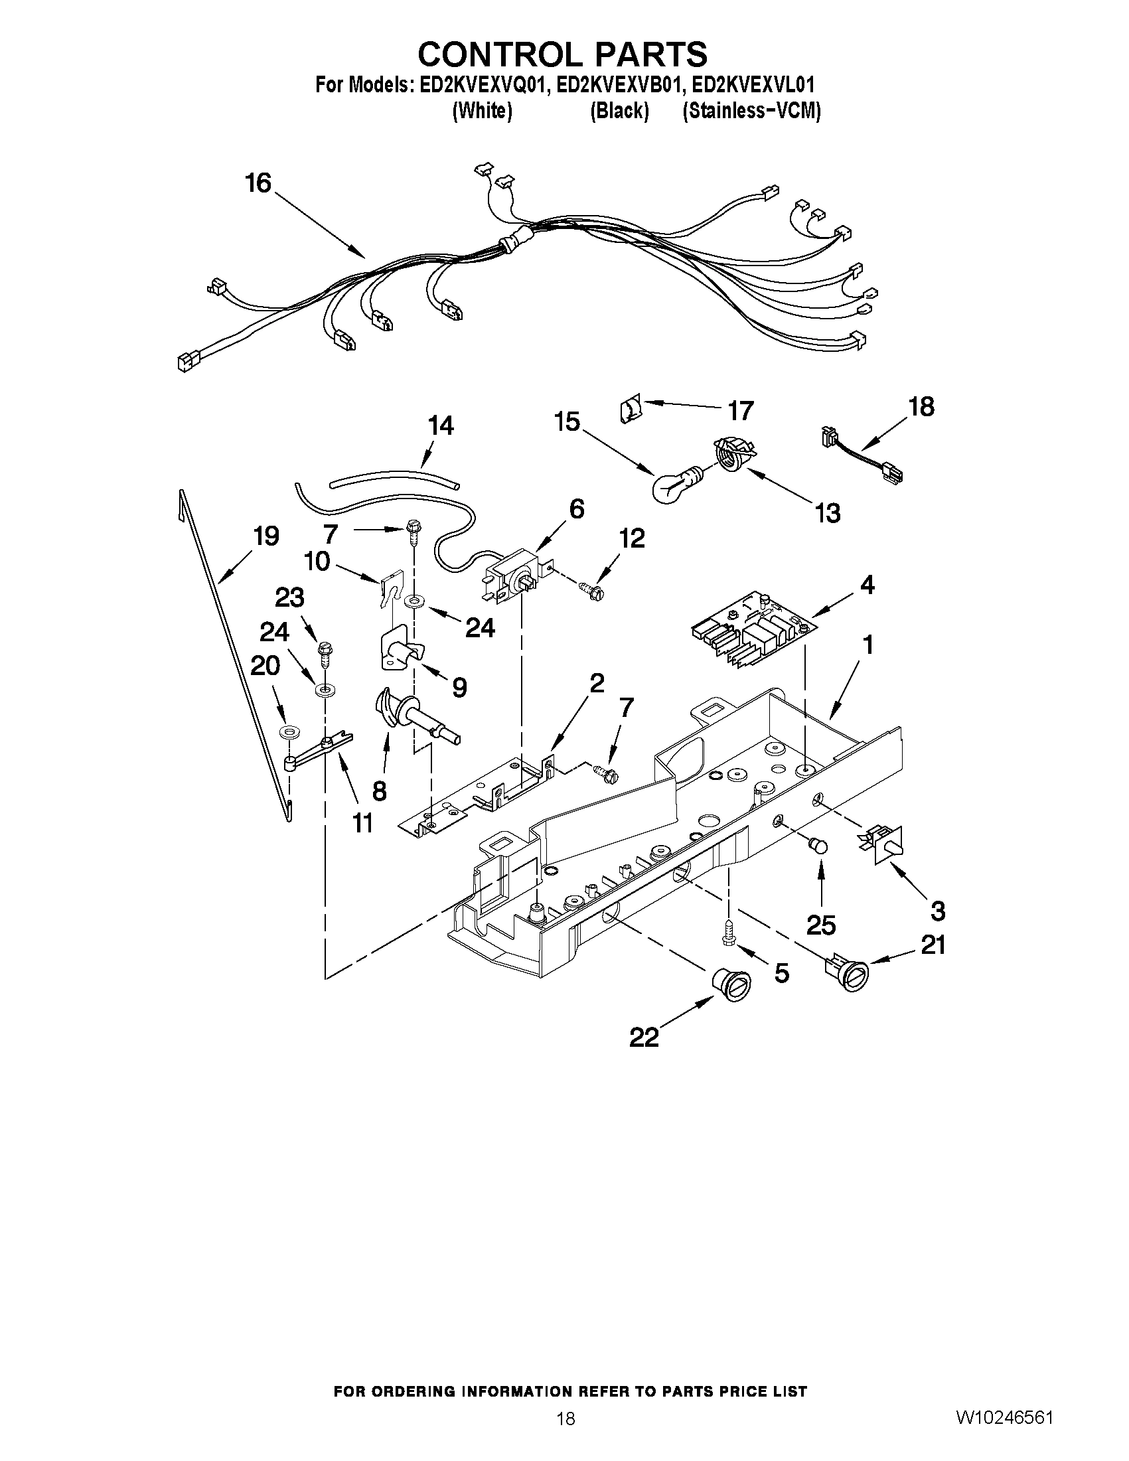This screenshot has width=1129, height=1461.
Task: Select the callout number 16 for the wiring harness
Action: click(x=258, y=182)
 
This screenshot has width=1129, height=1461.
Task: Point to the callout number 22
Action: click(x=644, y=1038)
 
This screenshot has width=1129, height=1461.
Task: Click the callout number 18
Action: click(x=921, y=407)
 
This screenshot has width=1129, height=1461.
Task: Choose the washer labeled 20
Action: click(x=288, y=728)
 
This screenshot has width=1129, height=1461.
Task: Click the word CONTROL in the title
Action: click(x=491, y=54)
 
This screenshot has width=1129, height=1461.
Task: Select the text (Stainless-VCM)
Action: click(x=751, y=111)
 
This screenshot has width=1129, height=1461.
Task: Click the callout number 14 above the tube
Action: click(x=441, y=425)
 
